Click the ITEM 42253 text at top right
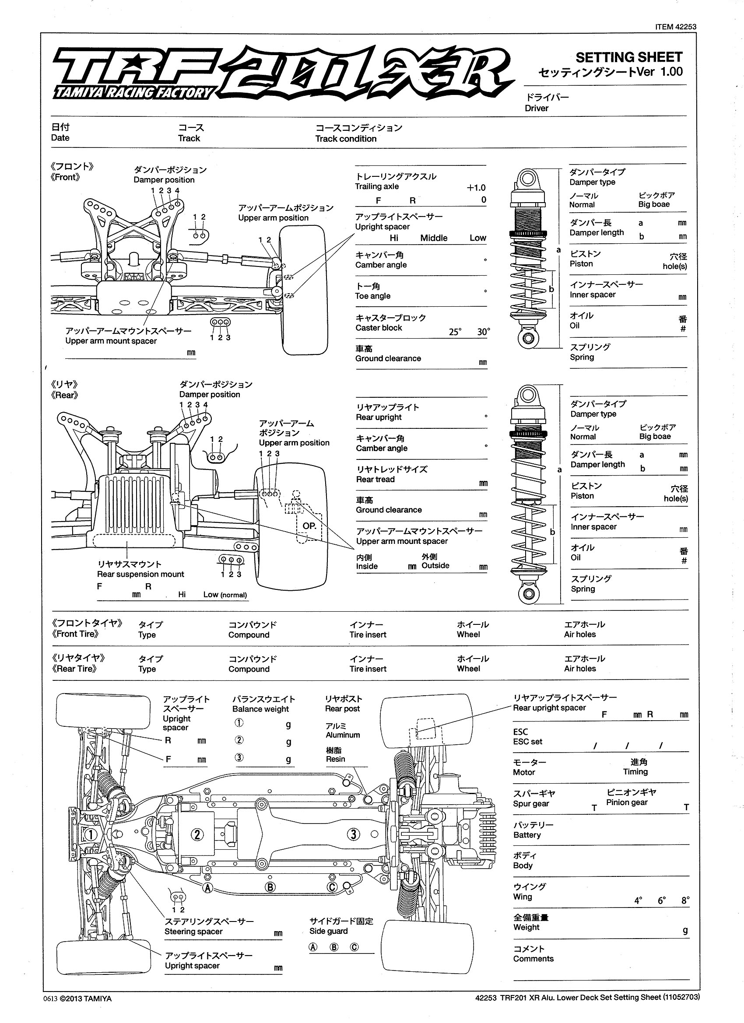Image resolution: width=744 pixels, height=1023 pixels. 675,27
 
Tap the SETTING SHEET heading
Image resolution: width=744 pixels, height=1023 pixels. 628,57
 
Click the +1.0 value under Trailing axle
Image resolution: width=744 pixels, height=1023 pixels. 476,188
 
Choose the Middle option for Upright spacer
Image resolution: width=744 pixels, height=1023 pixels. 434,238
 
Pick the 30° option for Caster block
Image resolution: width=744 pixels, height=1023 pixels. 483,332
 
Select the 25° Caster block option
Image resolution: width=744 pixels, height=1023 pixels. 455,332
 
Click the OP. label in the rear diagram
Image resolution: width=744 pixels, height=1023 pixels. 309,526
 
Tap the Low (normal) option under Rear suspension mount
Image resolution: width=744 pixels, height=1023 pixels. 225,595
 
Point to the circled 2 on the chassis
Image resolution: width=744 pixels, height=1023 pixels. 197,834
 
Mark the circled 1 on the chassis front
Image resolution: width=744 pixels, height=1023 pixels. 90,834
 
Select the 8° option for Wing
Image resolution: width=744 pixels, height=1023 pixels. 685,901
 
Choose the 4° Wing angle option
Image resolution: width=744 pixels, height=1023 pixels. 638,901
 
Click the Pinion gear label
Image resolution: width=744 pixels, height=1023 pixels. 627,802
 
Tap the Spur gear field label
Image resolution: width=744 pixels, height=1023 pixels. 530,803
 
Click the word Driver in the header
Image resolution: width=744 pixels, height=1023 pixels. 537,108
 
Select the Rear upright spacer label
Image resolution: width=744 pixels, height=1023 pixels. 549,708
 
